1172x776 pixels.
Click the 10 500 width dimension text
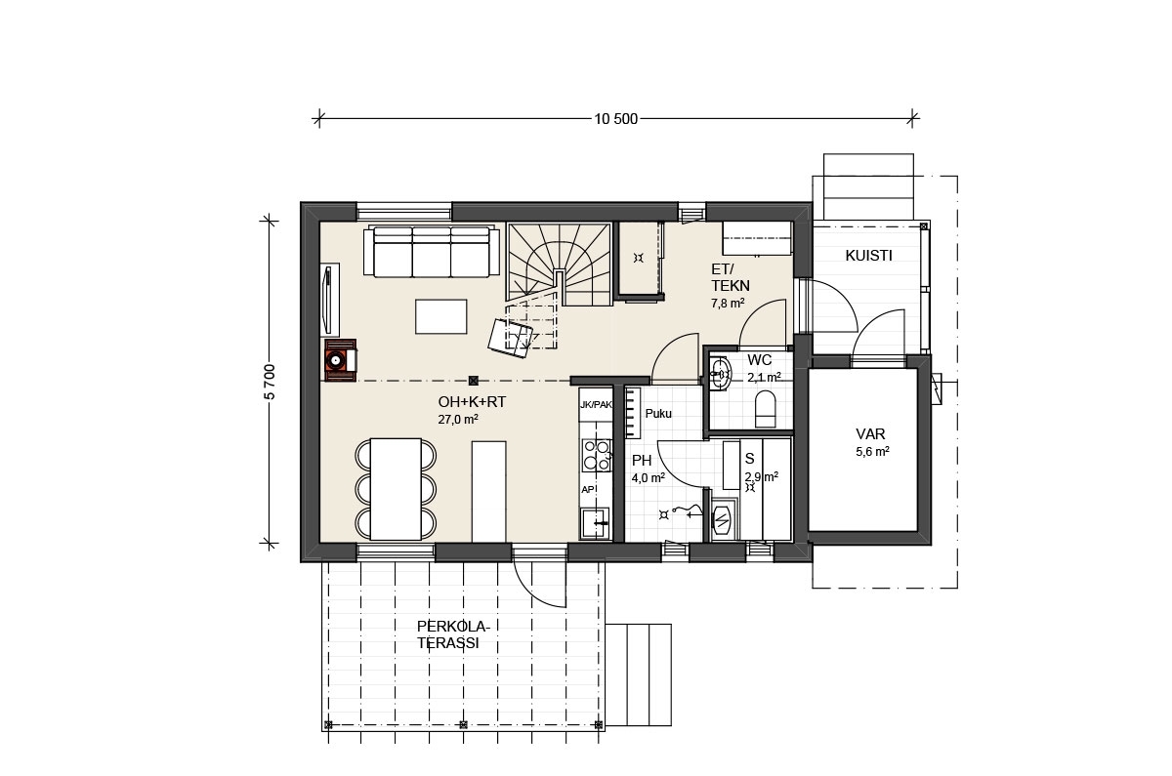click(616, 119)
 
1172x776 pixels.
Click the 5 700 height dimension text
click(270, 382)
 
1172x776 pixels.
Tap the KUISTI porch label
click(868, 256)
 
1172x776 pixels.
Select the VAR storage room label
click(870, 434)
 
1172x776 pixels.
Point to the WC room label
click(759, 360)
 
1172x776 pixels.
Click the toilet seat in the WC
click(765, 409)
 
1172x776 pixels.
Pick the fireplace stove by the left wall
click(340, 360)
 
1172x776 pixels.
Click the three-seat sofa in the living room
click(431, 251)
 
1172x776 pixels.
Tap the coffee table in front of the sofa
click(441, 316)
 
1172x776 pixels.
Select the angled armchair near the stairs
click(510, 339)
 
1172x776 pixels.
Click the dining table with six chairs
click(396, 489)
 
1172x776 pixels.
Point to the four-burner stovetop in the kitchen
click(597, 455)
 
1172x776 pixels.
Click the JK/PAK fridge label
click(596, 405)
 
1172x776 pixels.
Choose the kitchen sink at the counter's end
click(596, 522)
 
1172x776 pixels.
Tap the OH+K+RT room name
click(472, 402)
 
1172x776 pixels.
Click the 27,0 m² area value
click(458, 420)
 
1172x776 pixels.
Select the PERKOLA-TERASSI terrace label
click(453, 634)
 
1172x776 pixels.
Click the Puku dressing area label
click(658, 414)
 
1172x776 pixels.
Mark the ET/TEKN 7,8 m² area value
click(728, 304)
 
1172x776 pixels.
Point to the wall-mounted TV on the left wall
click(328, 299)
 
